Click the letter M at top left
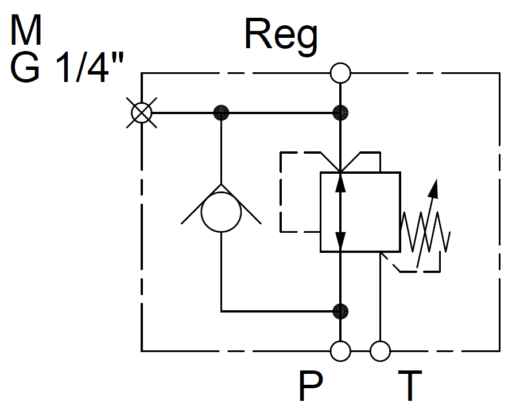coord(26,31)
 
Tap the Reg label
coord(281,36)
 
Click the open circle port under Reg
coord(340,73)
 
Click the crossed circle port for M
coord(141,112)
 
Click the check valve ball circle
coord(221,212)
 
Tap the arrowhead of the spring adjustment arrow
coord(436,186)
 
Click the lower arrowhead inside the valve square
coord(340,240)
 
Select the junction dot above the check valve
coord(221,112)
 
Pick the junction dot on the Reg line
coord(340,112)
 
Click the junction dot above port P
coord(340,311)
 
